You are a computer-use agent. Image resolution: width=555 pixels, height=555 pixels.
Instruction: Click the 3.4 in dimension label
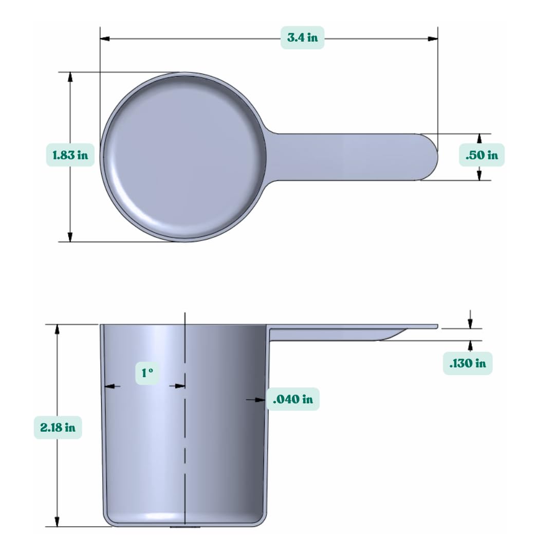pyautogui.click(x=302, y=38)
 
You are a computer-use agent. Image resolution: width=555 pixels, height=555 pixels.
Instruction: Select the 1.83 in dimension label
pyautogui.click(x=70, y=155)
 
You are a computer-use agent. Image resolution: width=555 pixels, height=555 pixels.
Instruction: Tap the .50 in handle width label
pyautogui.click(x=482, y=155)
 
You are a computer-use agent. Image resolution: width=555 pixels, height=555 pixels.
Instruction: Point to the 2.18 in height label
pyautogui.click(x=58, y=428)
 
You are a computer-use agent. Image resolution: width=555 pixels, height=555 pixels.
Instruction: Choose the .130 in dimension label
pyautogui.click(x=468, y=363)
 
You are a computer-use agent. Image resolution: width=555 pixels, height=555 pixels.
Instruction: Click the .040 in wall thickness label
pyautogui.click(x=293, y=399)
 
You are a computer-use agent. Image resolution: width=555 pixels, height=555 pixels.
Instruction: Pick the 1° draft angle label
pyautogui.click(x=147, y=373)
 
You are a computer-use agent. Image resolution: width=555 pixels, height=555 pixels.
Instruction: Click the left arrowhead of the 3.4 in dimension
pyautogui.click(x=105, y=38)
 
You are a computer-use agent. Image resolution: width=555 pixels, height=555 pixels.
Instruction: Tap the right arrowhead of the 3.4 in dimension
pyautogui.click(x=433, y=38)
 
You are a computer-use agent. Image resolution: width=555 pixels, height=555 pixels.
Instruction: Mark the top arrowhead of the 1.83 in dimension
pyautogui.click(x=70, y=77)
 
